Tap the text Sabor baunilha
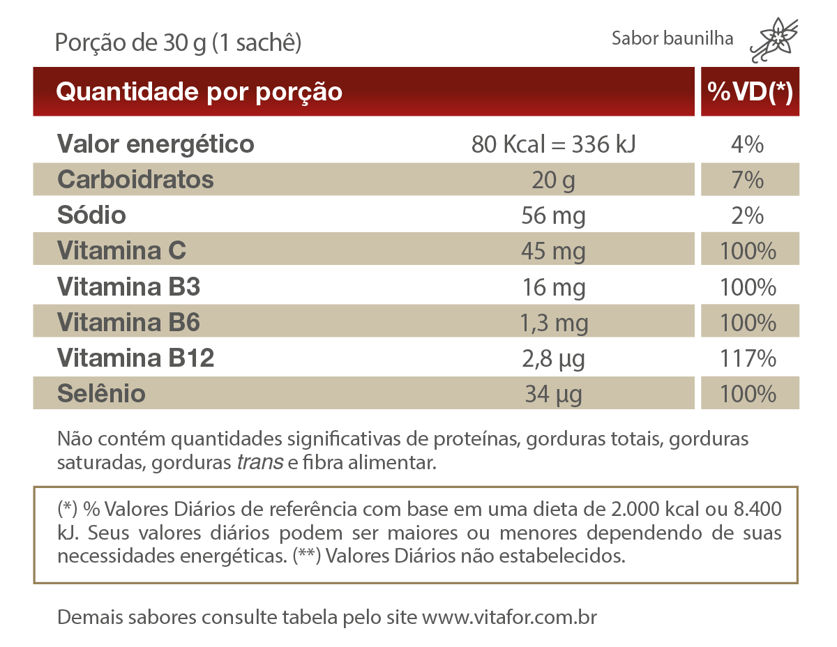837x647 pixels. tap(672, 38)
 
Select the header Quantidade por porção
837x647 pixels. tap(199, 91)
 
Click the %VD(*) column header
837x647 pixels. tap(750, 91)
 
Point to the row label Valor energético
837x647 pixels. tap(155, 144)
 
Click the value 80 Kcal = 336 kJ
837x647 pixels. tap(553, 145)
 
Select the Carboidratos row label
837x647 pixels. tap(135, 180)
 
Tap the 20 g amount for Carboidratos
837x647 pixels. tap(553, 181)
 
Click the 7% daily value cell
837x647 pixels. tap(748, 181)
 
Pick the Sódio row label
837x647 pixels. tap(91, 215)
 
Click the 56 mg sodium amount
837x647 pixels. tap(553, 216)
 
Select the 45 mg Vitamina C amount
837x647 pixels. tap(553, 251)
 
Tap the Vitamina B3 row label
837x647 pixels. tap(128, 287)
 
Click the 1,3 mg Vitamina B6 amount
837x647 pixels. tap(554, 323)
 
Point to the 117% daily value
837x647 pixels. tap(748, 358)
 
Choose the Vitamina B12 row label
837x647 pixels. tap(135, 358)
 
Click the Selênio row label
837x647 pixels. tap(101, 394)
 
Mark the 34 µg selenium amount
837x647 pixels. tap(553, 395)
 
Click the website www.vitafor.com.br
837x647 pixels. tap(509, 618)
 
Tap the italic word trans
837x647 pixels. tap(260, 463)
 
